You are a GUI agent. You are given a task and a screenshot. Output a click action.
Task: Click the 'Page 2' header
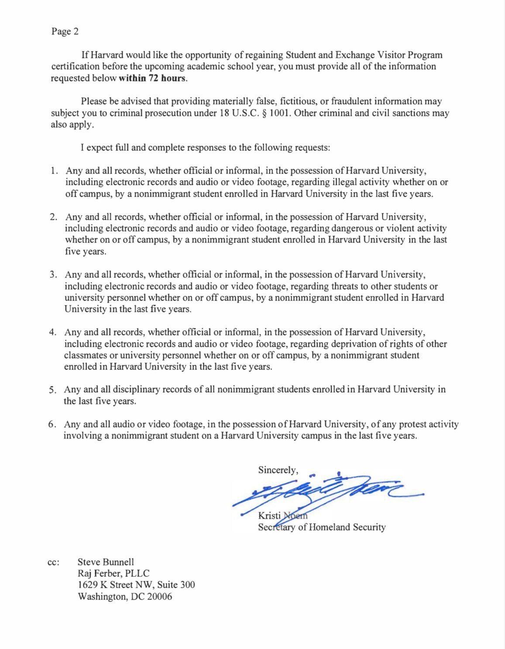[x=65, y=31]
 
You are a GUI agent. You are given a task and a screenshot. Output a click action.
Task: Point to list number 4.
[x=53, y=332]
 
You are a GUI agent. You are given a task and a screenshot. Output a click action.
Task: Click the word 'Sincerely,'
[x=278, y=470]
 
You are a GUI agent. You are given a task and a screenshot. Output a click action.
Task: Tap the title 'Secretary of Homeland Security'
[x=322, y=527]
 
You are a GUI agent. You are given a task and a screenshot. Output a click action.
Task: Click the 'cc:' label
[x=53, y=563]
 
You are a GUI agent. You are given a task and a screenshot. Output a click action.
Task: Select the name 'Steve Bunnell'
[x=106, y=562]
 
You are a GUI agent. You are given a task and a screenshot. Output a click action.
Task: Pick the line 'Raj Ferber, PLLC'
[x=113, y=573]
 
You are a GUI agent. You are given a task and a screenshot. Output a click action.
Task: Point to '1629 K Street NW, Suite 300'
[x=136, y=585]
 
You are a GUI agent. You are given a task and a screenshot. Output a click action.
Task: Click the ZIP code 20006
[x=157, y=597]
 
